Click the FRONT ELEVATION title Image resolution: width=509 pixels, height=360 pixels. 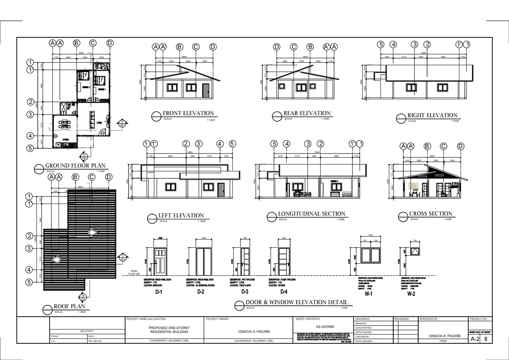tap(188, 113)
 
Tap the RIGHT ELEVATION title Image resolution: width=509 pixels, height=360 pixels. tap(432, 115)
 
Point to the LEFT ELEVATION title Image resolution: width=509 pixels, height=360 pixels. tap(181, 215)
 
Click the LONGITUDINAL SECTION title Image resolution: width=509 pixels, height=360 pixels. tap(311, 214)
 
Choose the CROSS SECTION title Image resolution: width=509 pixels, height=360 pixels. tap(431, 214)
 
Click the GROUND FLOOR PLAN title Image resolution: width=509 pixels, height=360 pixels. tap(76, 166)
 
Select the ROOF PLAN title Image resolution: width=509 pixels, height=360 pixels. tap(69, 306)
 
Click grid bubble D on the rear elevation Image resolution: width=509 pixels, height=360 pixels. tap(277, 47)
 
